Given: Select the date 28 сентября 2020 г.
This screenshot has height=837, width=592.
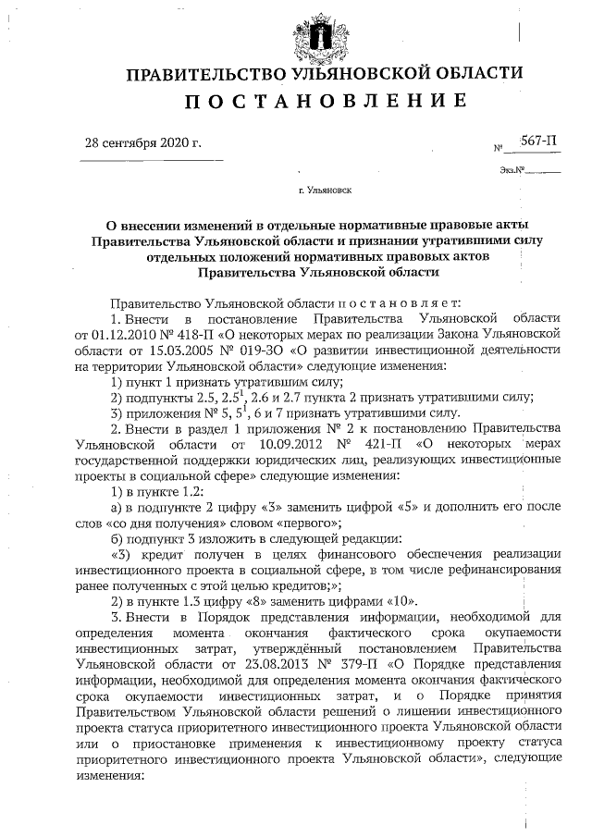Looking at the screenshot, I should [x=142, y=143].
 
